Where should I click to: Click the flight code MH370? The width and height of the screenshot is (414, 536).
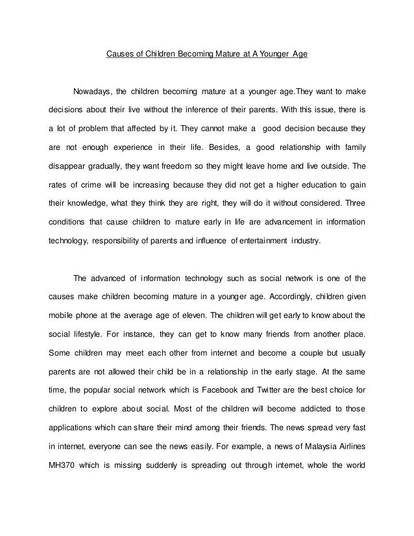(x=64, y=466)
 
